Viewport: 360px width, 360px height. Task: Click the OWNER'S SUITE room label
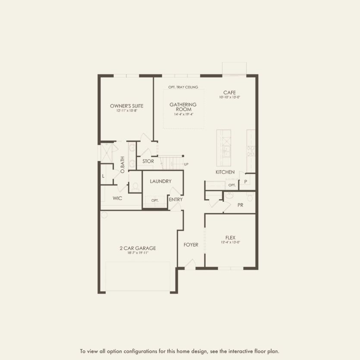[126, 106]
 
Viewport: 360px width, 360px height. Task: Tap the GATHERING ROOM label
[183, 107]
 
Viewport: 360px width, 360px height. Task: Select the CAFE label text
[229, 93]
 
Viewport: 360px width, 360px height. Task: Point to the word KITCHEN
[225, 172]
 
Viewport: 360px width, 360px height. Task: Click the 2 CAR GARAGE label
[138, 248]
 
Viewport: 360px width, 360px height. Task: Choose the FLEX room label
[230, 238]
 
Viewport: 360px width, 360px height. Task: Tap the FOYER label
[191, 245]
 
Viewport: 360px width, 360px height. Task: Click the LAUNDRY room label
[161, 182]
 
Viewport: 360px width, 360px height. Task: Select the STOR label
[148, 162]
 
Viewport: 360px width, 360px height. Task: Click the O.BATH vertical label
[122, 165]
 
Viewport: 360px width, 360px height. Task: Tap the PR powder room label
[240, 205]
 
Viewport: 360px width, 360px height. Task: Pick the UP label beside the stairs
[186, 164]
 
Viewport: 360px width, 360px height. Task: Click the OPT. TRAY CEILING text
[183, 88]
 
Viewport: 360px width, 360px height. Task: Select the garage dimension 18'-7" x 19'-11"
[138, 253]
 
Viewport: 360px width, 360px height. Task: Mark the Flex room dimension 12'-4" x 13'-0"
[230, 242]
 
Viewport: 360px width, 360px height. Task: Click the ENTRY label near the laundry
[176, 200]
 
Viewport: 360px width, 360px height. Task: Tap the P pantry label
[245, 182]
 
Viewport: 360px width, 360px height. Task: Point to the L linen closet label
[103, 176]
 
